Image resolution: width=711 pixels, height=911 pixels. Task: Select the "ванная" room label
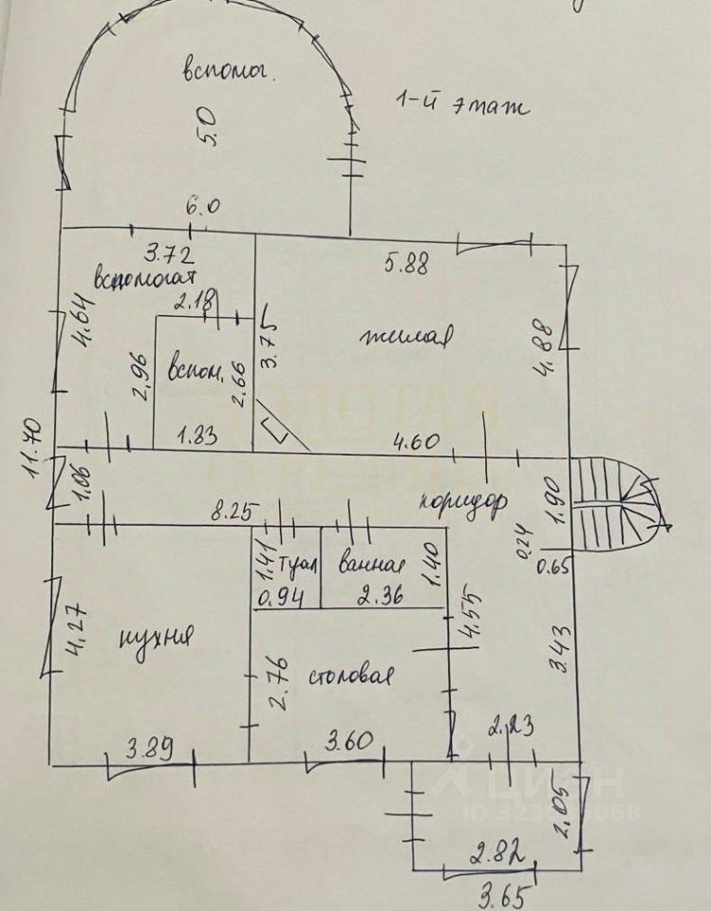372,566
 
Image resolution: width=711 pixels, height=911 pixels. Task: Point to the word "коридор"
463,500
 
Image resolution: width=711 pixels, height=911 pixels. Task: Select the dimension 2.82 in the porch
492,854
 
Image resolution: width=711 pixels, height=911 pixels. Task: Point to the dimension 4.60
418,439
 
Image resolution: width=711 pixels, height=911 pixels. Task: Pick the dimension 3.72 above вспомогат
169,253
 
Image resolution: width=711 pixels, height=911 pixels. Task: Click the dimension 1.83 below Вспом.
200,437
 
